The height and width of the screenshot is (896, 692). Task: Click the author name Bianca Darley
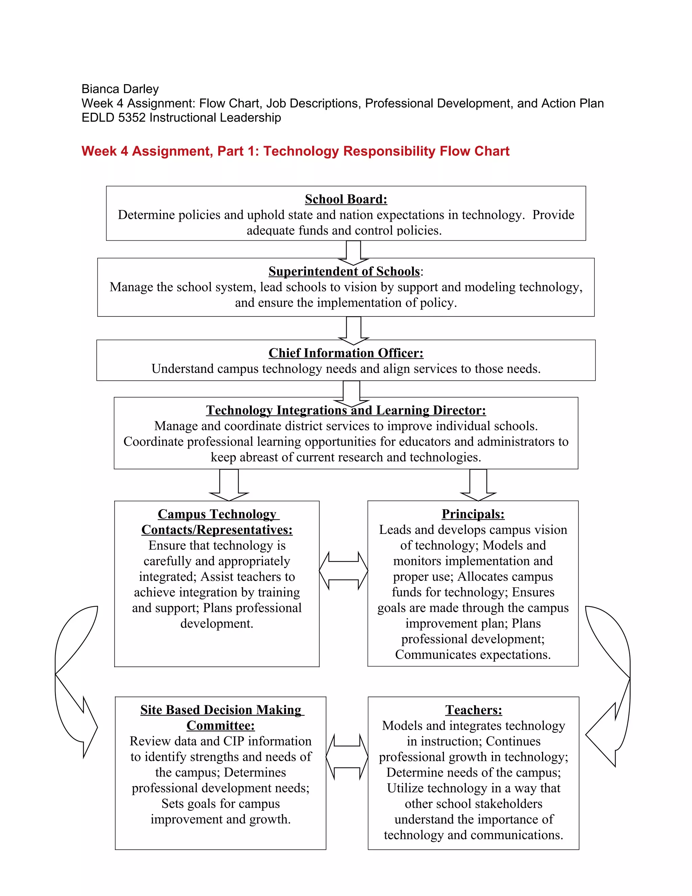pyautogui.click(x=120, y=89)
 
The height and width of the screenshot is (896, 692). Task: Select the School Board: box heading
pyautogui.click(x=346, y=199)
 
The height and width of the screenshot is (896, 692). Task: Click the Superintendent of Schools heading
pyautogui.click(x=344, y=272)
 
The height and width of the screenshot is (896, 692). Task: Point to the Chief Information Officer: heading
pyautogui.click(x=346, y=353)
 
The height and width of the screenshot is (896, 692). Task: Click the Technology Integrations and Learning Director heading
pyautogui.click(x=346, y=410)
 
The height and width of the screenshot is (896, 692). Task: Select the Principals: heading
pyautogui.click(x=473, y=514)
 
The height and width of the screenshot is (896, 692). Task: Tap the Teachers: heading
pyautogui.click(x=473, y=710)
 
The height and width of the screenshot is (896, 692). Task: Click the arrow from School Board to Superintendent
pyautogui.click(x=353, y=252)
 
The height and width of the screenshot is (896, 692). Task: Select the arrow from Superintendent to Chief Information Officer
pyautogui.click(x=353, y=330)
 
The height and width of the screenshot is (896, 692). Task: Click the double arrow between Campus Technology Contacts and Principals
pyautogui.click(x=344, y=571)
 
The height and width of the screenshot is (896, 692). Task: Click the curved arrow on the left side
pyautogui.click(x=74, y=681)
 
